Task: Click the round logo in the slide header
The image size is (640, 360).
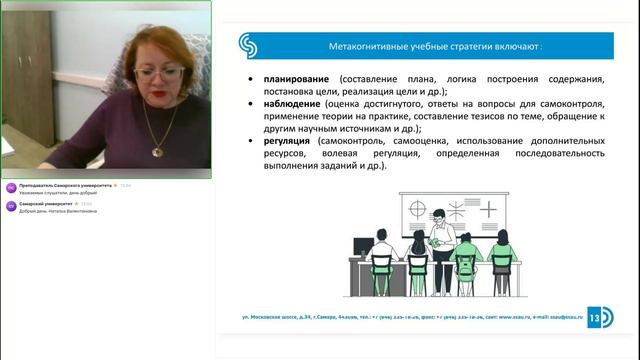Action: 248,46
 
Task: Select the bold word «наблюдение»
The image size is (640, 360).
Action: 293,103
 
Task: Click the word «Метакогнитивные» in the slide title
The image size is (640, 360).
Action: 371,46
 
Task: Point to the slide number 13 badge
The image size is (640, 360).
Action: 599,316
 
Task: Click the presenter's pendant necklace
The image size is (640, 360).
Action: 156,150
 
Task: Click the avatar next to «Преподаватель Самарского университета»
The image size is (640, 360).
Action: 11,188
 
